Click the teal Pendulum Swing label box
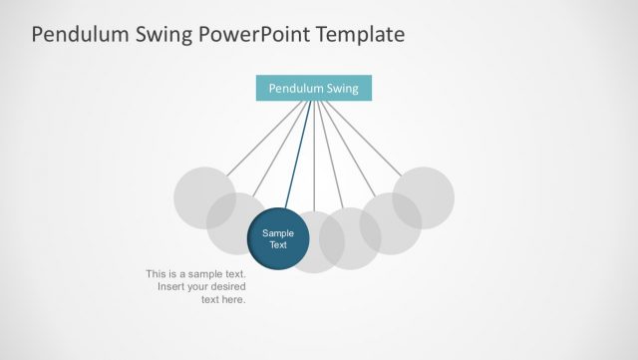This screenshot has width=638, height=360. [313, 88]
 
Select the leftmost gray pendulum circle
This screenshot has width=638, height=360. [198, 193]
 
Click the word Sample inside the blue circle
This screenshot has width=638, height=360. [278, 233]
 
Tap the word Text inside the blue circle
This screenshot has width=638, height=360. [278, 245]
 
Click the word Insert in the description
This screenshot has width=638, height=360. [171, 286]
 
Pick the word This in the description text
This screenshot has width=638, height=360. [157, 273]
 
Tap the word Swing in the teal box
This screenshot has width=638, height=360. [340, 88]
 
